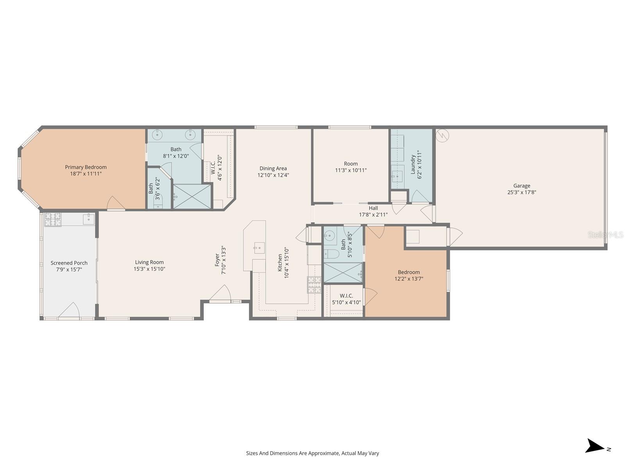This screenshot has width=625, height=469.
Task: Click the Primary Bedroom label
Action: coord(86,167)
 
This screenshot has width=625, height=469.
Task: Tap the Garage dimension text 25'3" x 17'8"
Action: coord(521,192)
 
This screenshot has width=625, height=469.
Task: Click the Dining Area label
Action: coord(273,168)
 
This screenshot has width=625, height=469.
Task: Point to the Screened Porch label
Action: coord(69,263)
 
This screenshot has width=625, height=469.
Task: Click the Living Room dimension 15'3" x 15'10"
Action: coord(149,269)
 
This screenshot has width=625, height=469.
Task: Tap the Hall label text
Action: coord(373,208)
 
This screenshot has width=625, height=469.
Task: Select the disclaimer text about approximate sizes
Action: coord(312,453)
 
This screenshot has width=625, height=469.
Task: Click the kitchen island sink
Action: coord(259,248)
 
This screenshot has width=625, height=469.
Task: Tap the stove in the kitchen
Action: coord(314,285)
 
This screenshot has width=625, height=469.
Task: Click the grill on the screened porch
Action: coord(53,220)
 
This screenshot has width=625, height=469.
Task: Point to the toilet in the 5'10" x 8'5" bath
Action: coord(331,254)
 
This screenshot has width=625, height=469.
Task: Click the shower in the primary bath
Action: coord(192,196)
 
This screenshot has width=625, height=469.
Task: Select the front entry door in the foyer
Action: coord(220,294)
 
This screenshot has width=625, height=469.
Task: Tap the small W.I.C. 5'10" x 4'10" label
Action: coord(346,296)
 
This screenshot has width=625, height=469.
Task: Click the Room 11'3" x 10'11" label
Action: coord(351,164)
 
